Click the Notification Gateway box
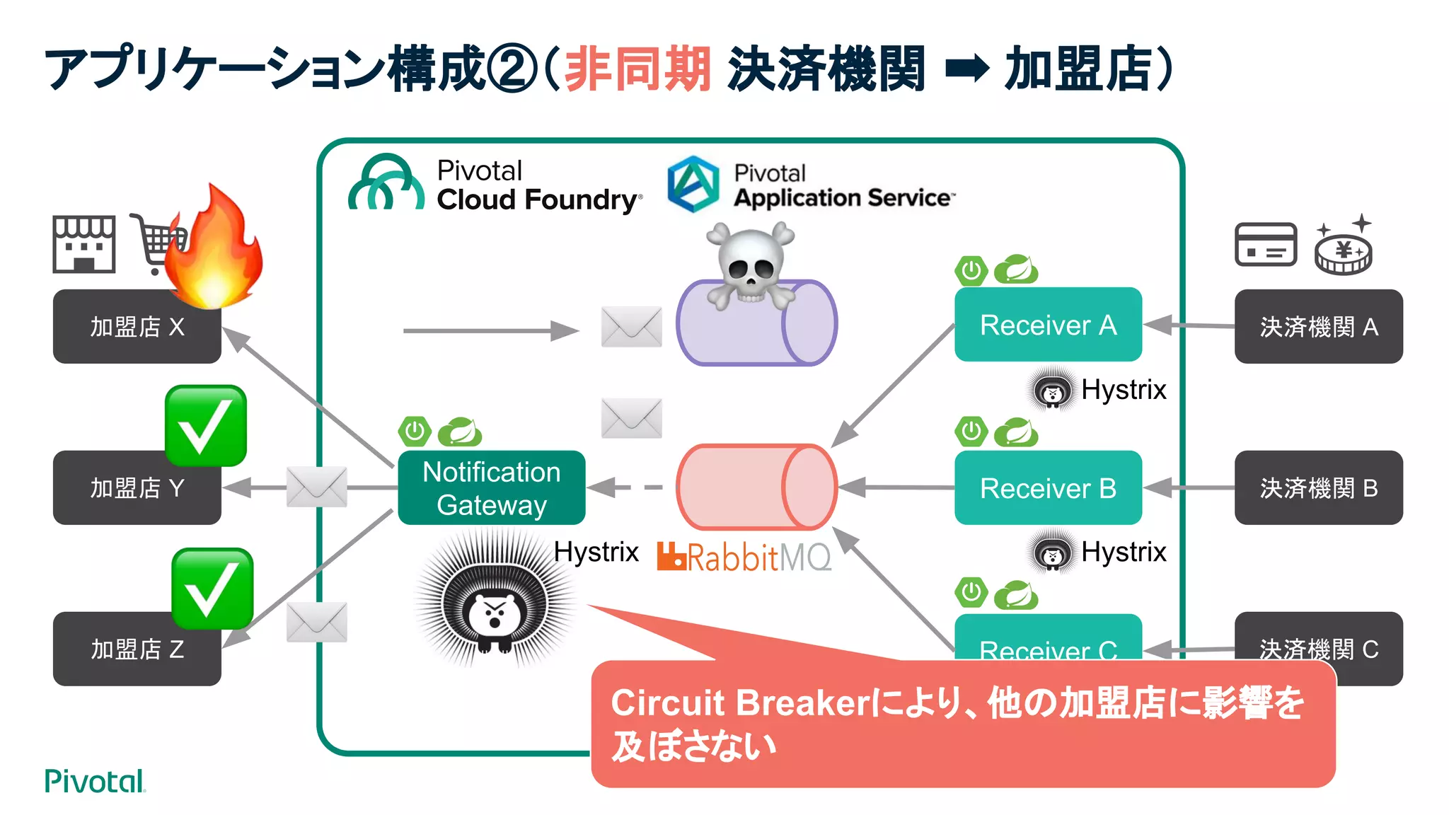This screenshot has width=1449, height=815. click(491, 487)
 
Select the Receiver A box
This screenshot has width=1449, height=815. click(1047, 325)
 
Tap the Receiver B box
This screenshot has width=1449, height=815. click(1047, 487)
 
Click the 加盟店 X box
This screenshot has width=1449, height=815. click(137, 327)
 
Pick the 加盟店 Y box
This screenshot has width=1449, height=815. click(137, 488)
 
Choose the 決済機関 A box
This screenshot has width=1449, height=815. click(1318, 327)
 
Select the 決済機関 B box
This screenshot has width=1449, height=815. click(1318, 488)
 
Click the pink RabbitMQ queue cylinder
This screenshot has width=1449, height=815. click(756, 487)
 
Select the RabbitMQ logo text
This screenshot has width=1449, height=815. click(744, 557)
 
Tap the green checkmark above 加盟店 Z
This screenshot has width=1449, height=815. click(212, 589)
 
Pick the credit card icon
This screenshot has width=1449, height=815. click(1266, 245)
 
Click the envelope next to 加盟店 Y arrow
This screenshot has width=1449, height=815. click(316, 487)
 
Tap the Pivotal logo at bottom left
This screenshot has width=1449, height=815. click(94, 781)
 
